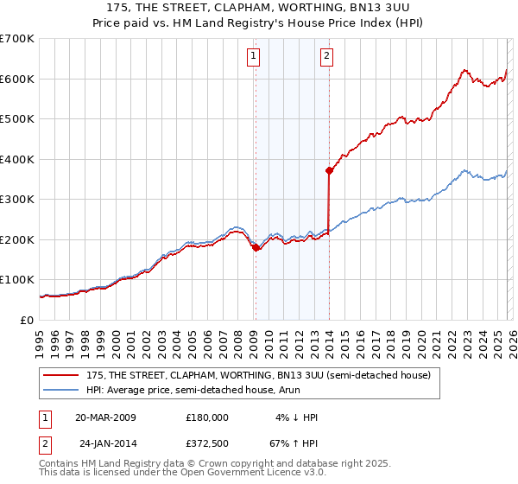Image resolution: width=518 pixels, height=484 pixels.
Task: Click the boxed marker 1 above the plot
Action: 254,57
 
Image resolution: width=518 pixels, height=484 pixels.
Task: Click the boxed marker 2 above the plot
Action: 327,57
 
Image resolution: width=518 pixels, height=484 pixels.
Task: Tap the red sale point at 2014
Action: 329,170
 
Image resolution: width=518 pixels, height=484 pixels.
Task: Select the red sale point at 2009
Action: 256,247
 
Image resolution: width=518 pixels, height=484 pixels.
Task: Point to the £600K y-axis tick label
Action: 16,79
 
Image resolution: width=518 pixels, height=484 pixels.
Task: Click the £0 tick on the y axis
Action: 26,320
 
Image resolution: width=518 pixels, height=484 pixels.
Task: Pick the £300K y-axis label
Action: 16,200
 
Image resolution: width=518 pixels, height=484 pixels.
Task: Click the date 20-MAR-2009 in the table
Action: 105,417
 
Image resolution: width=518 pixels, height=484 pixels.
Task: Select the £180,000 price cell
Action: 207,417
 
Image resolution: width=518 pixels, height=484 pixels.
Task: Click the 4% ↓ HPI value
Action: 296,417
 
